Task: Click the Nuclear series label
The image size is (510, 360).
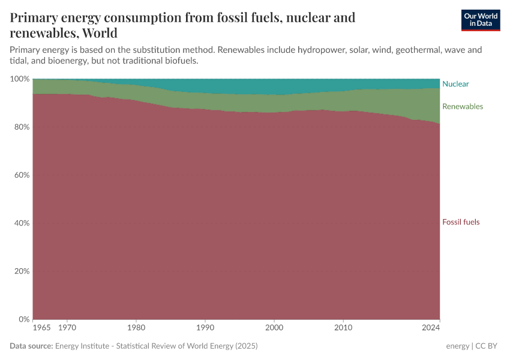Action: (x=455, y=84)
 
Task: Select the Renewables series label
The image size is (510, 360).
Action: (x=462, y=106)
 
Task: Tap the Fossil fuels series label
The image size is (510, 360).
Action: (x=461, y=222)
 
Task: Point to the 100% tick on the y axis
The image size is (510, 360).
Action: (x=20, y=79)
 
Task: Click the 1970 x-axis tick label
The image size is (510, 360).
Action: (x=67, y=328)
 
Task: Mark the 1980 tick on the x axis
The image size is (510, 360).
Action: (x=136, y=328)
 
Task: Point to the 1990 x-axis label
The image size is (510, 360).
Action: (x=205, y=328)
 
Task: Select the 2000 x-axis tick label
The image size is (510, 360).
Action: (x=274, y=328)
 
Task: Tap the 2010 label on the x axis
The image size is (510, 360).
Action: (x=343, y=328)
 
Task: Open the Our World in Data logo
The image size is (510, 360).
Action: (x=480, y=20)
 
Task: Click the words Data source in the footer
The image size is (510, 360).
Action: (x=31, y=346)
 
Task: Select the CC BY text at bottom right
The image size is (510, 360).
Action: (x=488, y=346)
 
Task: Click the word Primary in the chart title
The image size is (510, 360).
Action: (x=34, y=18)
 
